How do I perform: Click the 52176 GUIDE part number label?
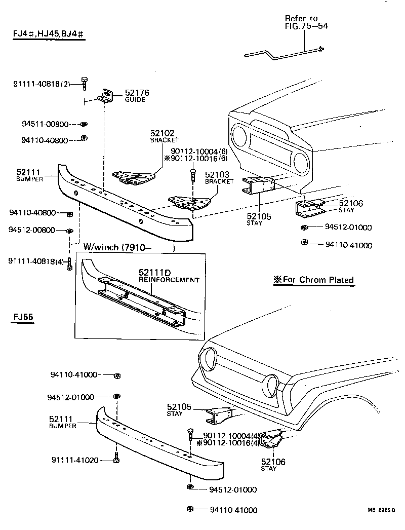(134, 96)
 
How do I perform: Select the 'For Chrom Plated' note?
(313, 280)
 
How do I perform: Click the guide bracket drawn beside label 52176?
(107, 96)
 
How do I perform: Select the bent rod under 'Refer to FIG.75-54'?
(283, 51)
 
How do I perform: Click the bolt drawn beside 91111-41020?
(117, 460)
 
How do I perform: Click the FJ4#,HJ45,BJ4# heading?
(49, 34)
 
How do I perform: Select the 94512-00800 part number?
(31, 230)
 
